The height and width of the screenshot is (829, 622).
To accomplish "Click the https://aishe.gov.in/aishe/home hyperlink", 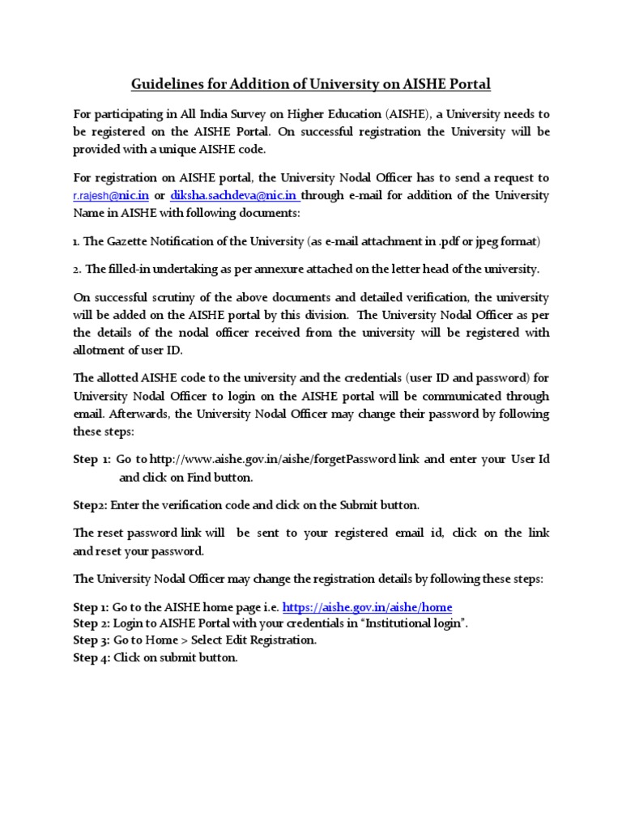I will (x=367, y=606).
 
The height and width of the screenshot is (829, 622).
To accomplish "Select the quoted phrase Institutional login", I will (x=410, y=623).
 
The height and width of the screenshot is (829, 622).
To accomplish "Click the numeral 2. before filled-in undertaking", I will (x=78, y=269).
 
